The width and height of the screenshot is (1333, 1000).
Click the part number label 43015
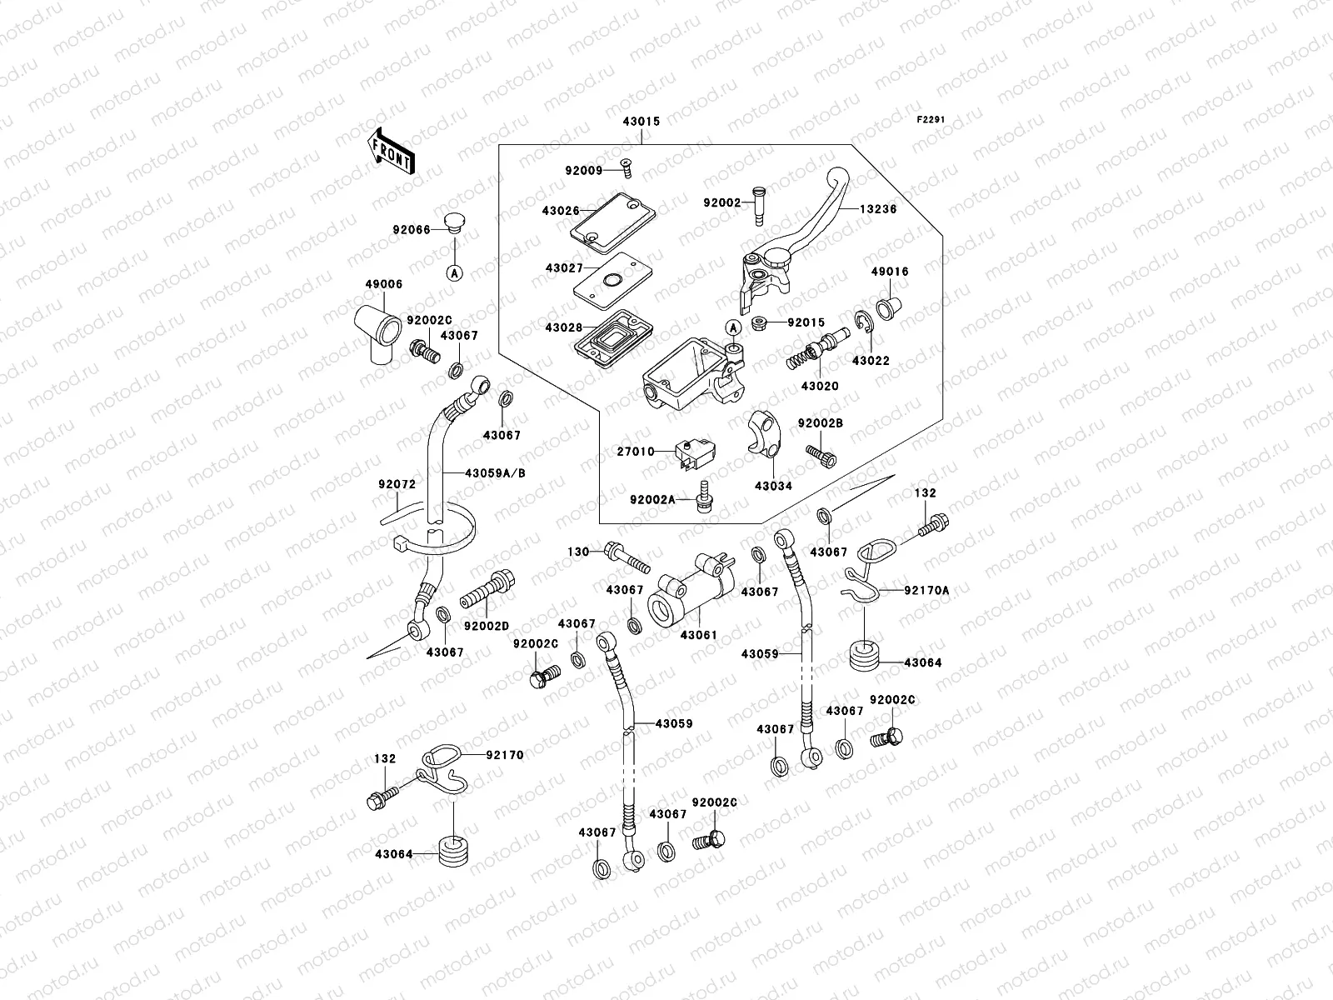coord(640,121)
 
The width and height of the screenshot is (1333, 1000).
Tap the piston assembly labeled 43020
coord(816,351)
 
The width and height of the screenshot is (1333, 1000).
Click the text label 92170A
coord(927,590)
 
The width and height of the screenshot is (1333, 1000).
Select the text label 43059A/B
coord(495,472)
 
